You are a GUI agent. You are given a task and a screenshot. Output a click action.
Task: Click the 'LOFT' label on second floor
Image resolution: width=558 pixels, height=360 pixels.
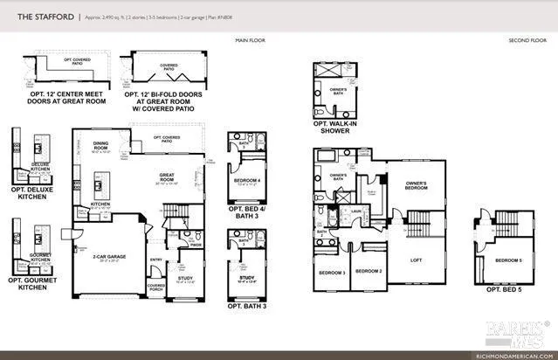[416, 260]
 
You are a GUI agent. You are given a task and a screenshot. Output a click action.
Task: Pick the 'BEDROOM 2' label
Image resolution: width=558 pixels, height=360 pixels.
[370, 271]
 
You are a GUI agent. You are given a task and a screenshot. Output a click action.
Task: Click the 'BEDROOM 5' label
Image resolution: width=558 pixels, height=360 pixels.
[508, 260]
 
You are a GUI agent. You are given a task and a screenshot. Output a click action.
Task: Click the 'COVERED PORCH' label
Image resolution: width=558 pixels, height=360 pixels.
[156, 288]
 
